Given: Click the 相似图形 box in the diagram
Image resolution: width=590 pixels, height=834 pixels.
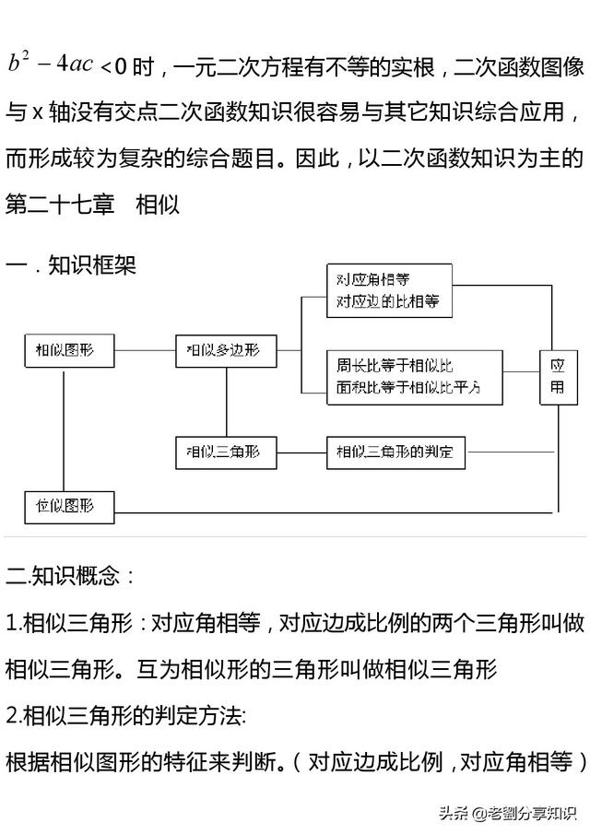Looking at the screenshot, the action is [69, 350].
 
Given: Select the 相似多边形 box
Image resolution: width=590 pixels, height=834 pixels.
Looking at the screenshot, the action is [226, 350].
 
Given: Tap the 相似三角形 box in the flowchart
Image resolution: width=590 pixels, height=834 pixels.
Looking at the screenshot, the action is [226, 452].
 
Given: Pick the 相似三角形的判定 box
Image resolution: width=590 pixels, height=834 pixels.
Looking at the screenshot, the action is [395, 452].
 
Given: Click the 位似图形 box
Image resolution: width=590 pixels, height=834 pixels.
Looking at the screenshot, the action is [69, 508].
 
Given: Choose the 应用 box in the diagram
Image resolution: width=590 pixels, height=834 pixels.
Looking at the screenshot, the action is [559, 377].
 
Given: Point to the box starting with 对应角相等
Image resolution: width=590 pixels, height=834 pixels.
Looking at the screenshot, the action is [389, 291].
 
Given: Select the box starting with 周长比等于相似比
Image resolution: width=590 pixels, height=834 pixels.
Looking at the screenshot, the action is [415, 377].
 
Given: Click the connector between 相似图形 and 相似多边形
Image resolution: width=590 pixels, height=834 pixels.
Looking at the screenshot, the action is [146, 350].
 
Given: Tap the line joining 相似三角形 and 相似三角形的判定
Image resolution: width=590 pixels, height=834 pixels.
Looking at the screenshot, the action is [301, 452].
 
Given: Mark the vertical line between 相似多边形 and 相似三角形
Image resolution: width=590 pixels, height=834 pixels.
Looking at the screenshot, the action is [226, 402].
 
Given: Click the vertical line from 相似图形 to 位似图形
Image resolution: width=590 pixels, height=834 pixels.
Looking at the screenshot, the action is [64, 429].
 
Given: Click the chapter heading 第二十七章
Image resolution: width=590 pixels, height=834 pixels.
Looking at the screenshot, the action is [60, 205].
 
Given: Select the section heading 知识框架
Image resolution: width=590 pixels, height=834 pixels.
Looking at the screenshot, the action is [92, 264].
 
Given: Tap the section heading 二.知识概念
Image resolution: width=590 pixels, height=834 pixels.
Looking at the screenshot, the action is [70, 576].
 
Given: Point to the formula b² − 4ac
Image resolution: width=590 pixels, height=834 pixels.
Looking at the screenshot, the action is [51, 63].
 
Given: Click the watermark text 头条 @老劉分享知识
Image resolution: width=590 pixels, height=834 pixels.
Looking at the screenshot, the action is [508, 812].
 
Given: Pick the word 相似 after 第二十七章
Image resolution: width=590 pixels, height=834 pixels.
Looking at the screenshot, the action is [158, 205].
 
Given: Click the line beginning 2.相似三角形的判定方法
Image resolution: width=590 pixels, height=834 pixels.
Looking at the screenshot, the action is [126, 716].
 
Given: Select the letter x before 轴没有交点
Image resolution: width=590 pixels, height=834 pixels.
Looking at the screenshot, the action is [37, 113].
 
